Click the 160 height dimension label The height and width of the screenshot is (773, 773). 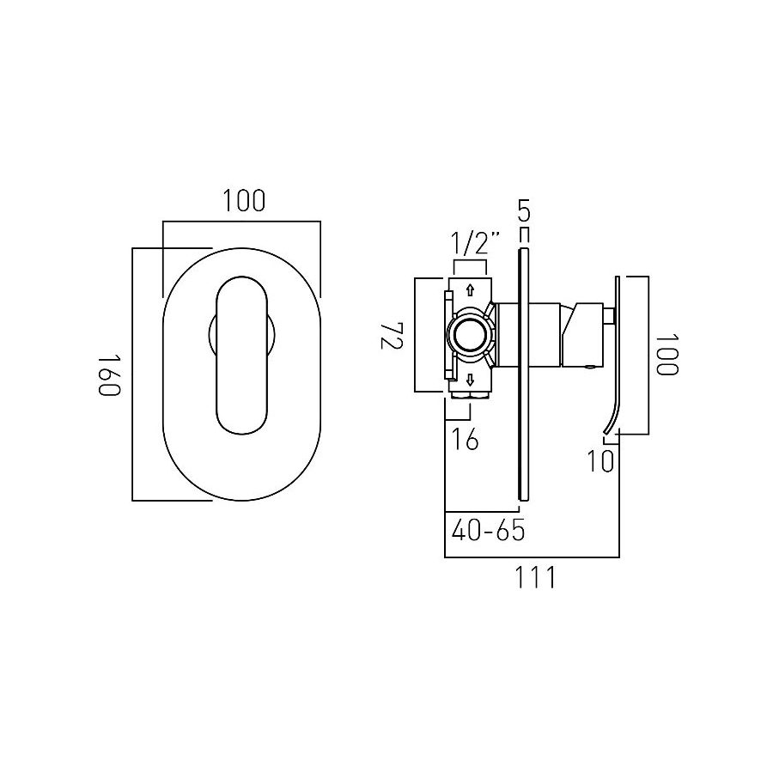coord(108,374)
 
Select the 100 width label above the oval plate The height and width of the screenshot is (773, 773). coord(244,202)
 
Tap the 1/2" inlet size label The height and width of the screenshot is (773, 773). coord(475,243)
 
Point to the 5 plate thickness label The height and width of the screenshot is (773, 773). coord(523,209)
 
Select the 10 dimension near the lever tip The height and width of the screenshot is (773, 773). coord(600,461)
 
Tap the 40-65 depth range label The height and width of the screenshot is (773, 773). coord(487,530)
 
